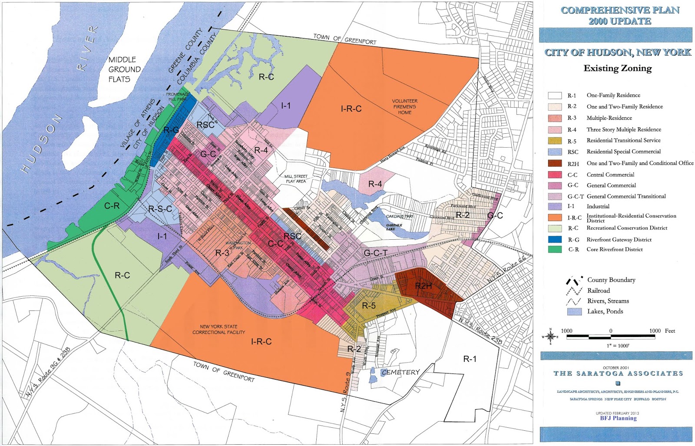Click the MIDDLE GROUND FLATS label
124,69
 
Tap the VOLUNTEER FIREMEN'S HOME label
404,106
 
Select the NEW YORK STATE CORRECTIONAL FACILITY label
218,329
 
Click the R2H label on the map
423,286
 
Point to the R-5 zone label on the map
368,306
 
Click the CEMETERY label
400,372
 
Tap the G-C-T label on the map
375,253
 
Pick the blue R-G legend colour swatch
555,239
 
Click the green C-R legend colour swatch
555,249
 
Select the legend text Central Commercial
610,175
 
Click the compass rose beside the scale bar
550,337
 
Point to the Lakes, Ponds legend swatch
574,311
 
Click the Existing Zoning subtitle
617,68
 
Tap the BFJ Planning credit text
618,418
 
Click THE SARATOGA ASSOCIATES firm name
618,373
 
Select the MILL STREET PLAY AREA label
296,179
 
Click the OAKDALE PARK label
400,216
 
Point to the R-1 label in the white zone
469,359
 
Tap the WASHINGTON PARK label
238,245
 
